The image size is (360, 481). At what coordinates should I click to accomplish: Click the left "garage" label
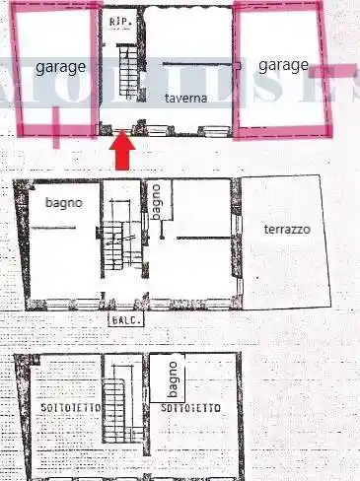coord(60,68)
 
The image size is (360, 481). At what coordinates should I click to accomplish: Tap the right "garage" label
coord(283,65)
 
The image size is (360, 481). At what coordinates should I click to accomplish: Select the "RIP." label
coord(120,21)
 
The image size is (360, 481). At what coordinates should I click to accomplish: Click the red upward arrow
coord(121,153)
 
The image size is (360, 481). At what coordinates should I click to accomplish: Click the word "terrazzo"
coord(287,229)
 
